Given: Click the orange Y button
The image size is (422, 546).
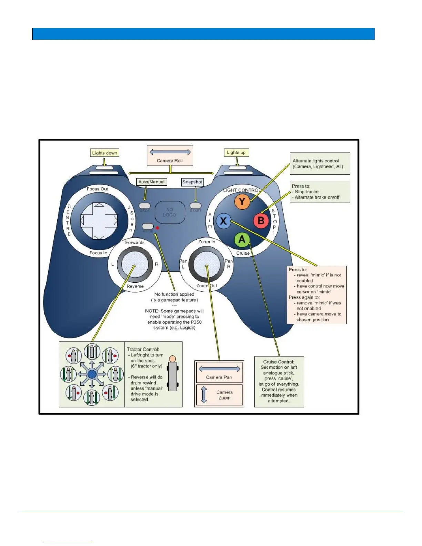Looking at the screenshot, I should [242, 202].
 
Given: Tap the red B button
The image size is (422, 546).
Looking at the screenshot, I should [261, 220].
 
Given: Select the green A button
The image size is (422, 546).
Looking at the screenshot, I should [242, 240].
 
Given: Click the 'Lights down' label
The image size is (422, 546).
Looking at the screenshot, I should [104, 153].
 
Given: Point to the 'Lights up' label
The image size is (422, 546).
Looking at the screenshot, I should [236, 152].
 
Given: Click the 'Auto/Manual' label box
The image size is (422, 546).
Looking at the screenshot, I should [151, 182].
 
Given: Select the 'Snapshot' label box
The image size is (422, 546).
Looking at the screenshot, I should [192, 182].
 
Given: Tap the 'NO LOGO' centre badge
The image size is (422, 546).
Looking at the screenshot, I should [170, 212].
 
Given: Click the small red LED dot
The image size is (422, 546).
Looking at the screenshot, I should [157, 228].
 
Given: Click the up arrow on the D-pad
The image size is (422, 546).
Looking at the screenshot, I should [99, 205].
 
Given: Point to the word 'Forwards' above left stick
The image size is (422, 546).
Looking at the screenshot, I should [135, 242].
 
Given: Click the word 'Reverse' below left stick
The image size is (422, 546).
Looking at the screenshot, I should [135, 286].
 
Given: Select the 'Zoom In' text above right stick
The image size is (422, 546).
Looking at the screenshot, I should [207, 242].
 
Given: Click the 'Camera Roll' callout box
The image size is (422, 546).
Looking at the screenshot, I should [170, 156].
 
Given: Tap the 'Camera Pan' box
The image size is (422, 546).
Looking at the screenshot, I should [219, 372].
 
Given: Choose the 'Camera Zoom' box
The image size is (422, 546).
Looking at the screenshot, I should [219, 395].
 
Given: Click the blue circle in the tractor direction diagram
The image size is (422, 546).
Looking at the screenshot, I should [92, 374].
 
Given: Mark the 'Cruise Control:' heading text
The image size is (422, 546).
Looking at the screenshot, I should [279, 362].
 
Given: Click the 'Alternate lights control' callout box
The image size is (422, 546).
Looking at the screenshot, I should [320, 164].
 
